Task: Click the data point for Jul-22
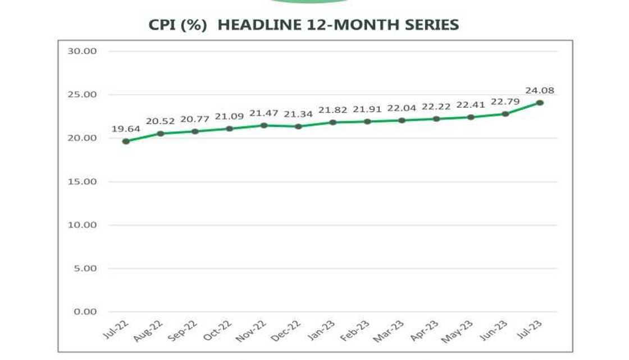[126, 142]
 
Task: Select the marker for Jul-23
[540, 103]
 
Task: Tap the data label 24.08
[540, 90]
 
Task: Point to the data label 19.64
[126, 129]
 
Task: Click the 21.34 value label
[298, 114]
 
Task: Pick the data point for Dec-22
[298, 126]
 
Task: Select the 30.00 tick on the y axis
[83, 51]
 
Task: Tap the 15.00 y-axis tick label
[83, 181]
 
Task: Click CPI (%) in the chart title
[178, 25]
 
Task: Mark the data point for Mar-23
[402, 120]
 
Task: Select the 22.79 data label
[505, 102]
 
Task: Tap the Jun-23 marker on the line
[505, 114]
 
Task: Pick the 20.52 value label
[160, 121]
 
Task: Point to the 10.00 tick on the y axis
[83, 225]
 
